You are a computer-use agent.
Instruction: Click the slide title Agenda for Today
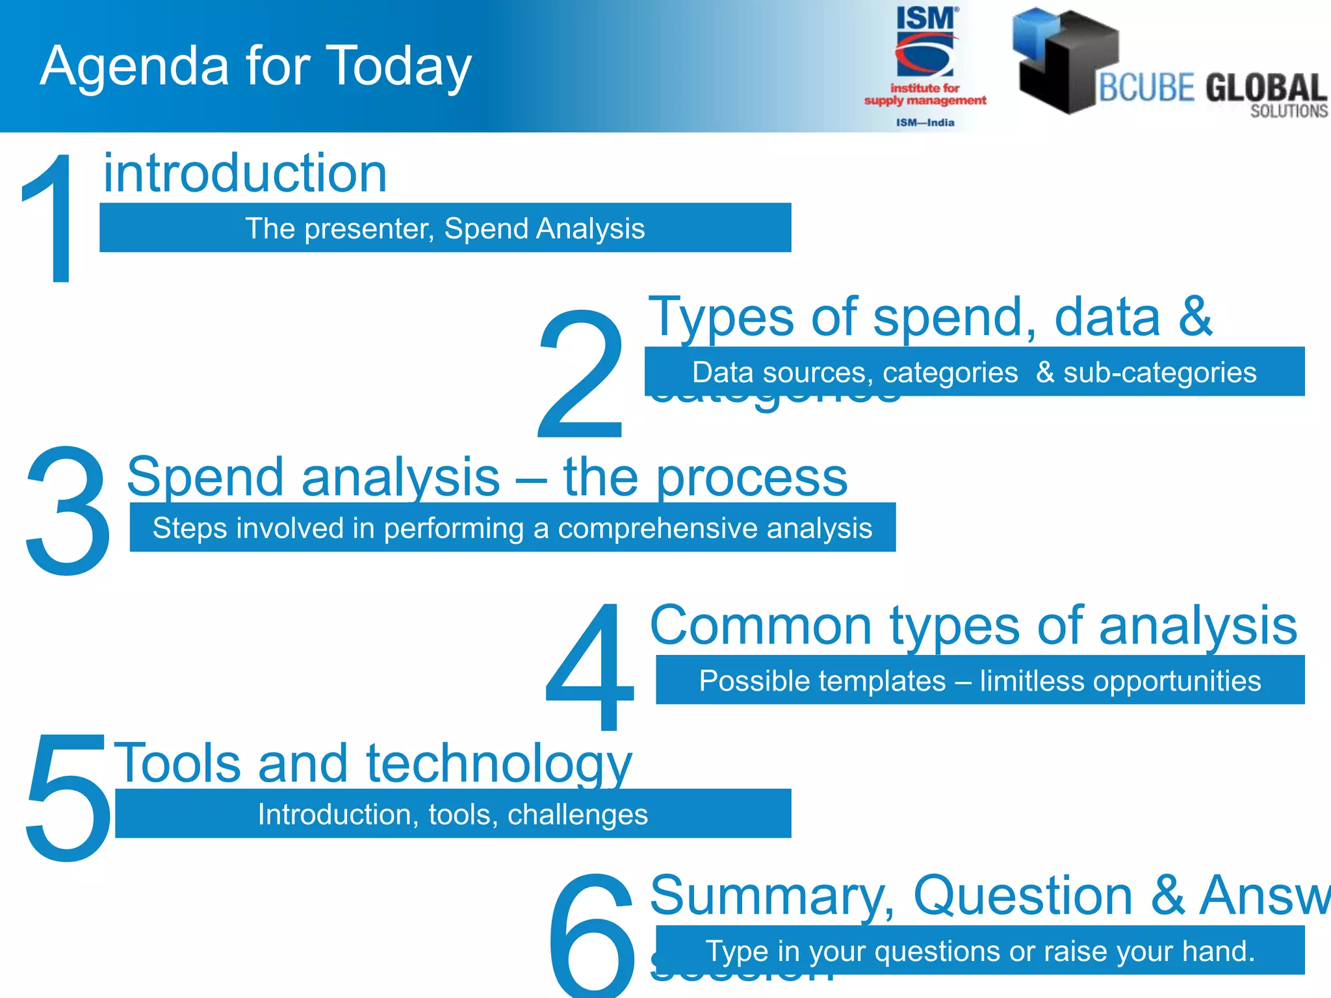tap(255, 66)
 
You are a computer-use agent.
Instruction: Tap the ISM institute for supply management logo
tap(925, 65)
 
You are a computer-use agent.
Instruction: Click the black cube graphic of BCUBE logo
tap(1066, 62)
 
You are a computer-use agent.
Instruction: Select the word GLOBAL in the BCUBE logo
tap(1265, 88)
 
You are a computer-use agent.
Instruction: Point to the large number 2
tap(580, 376)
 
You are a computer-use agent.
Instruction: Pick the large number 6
tap(591, 936)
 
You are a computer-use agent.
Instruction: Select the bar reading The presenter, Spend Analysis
tap(445, 228)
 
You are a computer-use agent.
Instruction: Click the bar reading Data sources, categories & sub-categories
tap(974, 372)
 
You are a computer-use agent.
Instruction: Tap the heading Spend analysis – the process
tap(487, 477)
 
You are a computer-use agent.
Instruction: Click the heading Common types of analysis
tap(973, 625)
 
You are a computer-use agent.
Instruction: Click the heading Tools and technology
tap(372, 763)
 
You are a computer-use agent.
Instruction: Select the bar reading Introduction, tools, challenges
tap(453, 814)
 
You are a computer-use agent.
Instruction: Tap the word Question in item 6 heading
tap(1023, 895)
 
